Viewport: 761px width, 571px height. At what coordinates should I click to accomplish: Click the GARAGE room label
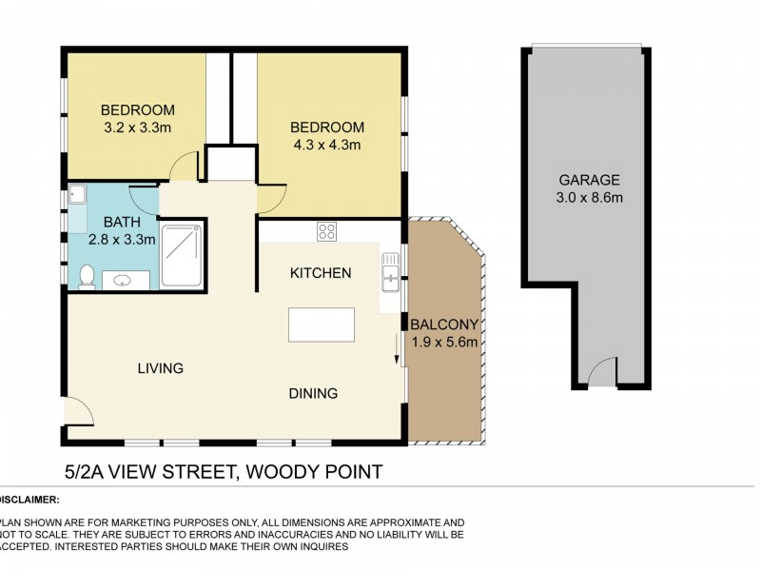coord(589,179)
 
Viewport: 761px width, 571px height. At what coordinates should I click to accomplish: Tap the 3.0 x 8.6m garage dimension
coord(589,198)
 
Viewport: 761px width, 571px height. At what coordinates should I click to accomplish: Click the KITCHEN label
coord(321,273)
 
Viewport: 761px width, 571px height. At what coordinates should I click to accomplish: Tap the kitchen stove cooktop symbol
coord(326,230)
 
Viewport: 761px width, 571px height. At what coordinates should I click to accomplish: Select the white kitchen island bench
coord(322,325)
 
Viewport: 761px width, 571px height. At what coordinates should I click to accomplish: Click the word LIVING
coord(160,368)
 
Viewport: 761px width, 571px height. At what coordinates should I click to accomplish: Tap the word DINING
coord(314,393)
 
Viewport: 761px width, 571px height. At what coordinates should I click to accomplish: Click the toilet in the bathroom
coord(86,277)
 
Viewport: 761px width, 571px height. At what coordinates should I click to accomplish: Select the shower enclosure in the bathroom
coord(181,255)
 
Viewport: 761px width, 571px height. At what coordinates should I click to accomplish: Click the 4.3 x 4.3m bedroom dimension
coord(327,146)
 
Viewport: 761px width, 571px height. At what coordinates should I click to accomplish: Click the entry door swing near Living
coord(78,411)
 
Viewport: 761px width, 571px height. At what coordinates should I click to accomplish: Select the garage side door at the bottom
coord(603,374)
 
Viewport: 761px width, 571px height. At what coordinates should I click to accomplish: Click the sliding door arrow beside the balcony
coord(397,349)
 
